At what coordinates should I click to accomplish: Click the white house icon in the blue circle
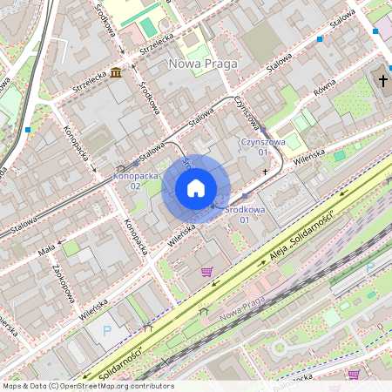tap(196, 188)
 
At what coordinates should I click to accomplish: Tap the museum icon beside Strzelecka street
tap(116, 72)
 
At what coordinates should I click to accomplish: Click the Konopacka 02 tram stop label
tap(136, 180)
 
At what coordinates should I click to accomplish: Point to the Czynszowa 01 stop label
tap(262, 146)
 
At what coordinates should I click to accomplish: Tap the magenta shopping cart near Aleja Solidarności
tap(206, 272)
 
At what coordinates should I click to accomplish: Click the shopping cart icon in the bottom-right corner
tap(354, 375)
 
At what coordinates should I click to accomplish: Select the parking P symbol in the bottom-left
tap(107, 330)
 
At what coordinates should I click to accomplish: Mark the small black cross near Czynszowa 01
tap(267, 172)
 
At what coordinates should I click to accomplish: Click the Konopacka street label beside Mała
tap(135, 238)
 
